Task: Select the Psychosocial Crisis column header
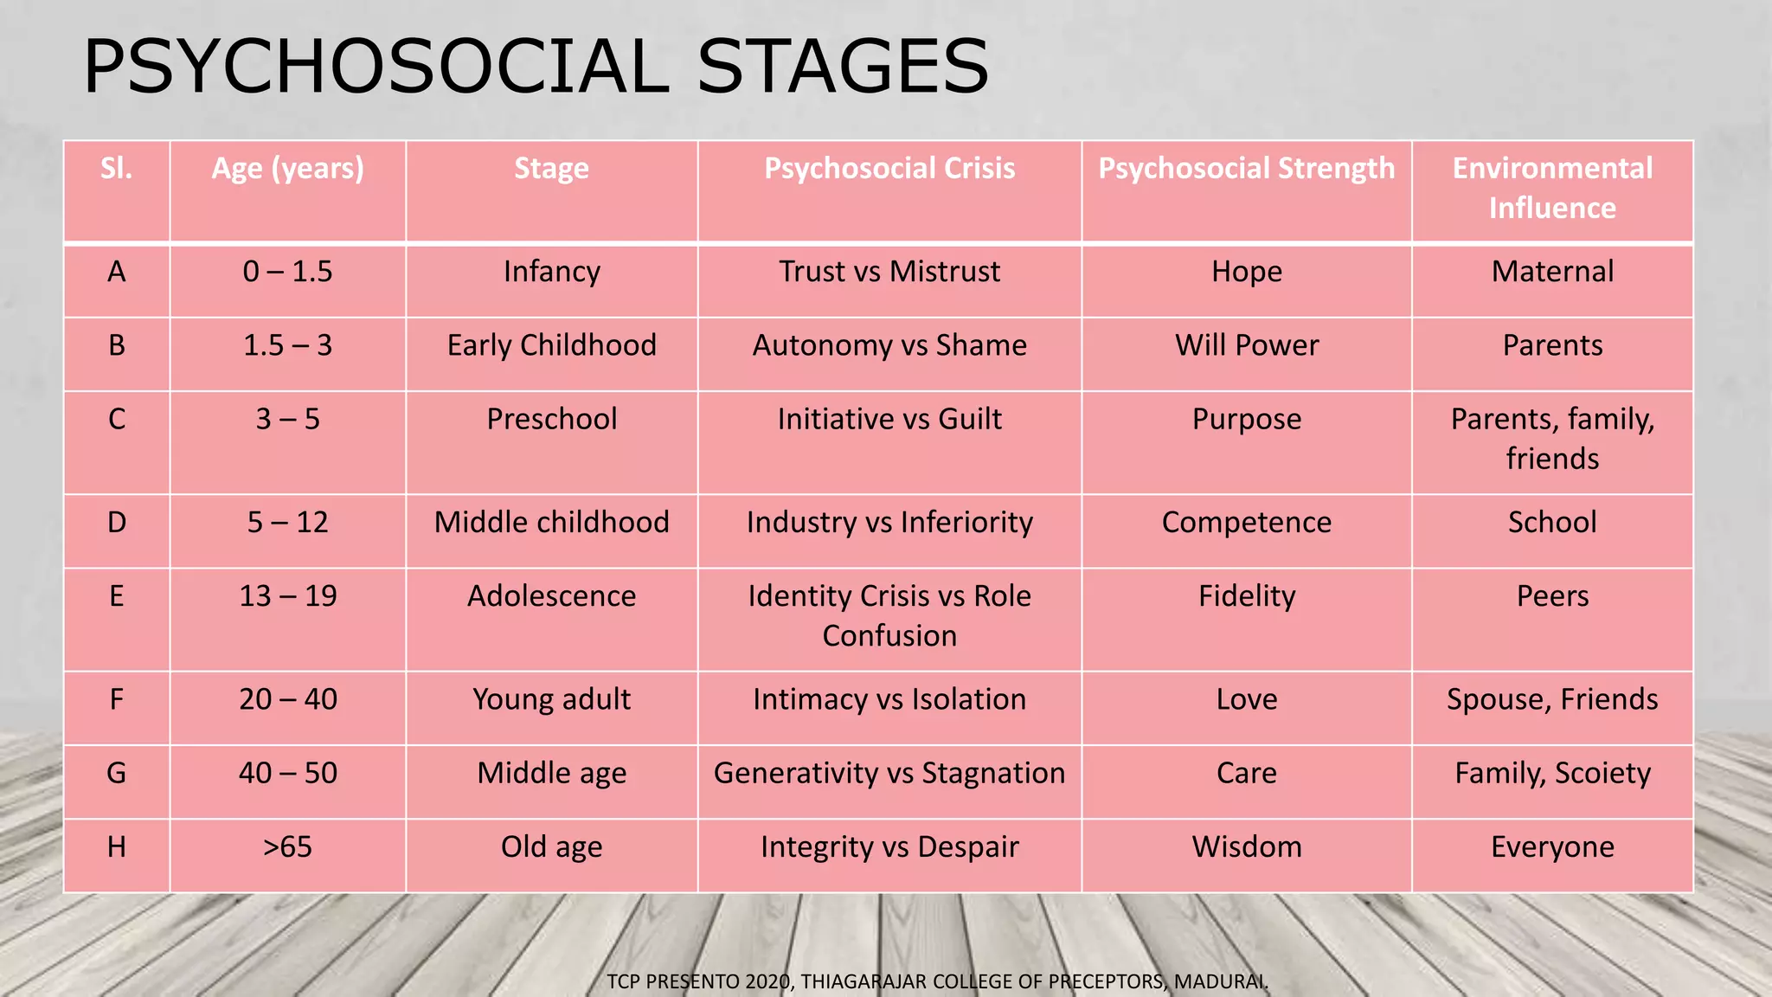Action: (x=889, y=169)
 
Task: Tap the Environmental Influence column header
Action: (x=1551, y=188)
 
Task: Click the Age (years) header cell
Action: (x=287, y=169)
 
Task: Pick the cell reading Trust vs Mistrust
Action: (x=889, y=272)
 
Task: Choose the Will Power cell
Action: (x=1246, y=345)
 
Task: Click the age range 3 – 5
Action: (x=287, y=420)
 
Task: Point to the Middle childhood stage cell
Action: (x=551, y=523)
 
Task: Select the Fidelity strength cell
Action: (x=1246, y=596)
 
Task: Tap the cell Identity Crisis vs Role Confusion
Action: (x=889, y=615)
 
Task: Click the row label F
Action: (x=117, y=699)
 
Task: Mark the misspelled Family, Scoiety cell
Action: (x=1551, y=773)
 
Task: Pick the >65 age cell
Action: (x=287, y=846)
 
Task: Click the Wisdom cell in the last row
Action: (x=1246, y=846)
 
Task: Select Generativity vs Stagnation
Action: (x=889, y=773)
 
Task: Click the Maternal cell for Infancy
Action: (x=1551, y=272)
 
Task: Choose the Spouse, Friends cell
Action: (x=1551, y=699)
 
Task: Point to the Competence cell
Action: (x=1246, y=523)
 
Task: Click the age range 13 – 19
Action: (x=287, y=596)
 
